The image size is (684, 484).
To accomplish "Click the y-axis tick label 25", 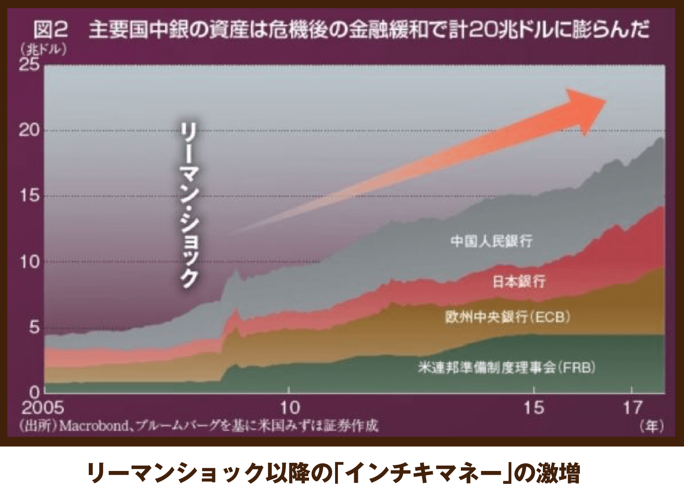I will pos(29,64).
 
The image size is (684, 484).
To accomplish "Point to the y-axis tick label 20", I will pos(29,130).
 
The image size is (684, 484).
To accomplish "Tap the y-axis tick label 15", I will pos(29,196).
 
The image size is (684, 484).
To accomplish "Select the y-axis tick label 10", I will pos(29,262).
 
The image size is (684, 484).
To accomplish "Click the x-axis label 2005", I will pos(42,407).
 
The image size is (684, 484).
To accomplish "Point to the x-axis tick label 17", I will pos(632,407).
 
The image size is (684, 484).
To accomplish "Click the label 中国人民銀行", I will pos(491,241).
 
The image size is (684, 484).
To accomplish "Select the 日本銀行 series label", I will pos(518,282).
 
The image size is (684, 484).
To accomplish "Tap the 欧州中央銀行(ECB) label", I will pos(507,317).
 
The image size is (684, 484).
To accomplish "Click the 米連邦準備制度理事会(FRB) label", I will pos(506,368).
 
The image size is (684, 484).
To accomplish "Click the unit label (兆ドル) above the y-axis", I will pos(43,50).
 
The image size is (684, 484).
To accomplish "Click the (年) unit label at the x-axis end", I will pos(651,426).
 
